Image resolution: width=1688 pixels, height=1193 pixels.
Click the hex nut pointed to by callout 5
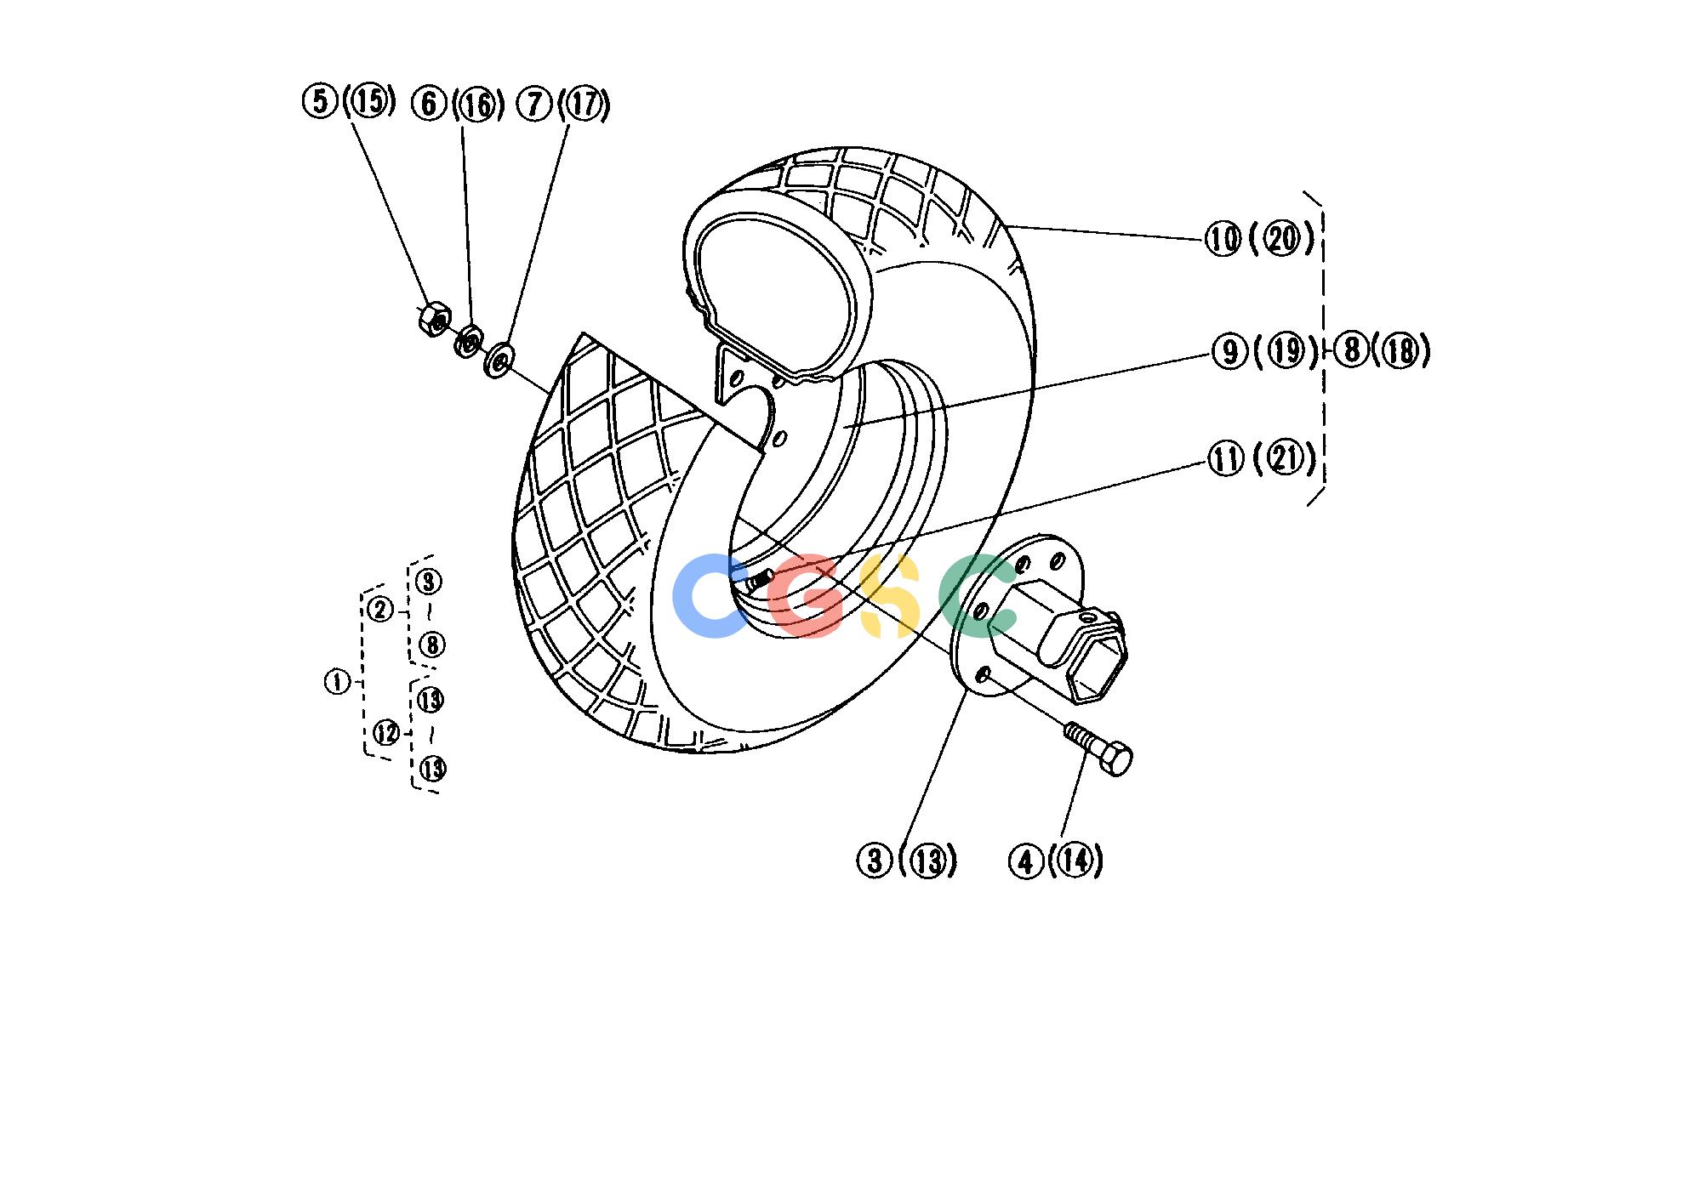pos(433,319)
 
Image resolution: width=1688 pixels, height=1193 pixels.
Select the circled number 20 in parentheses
pos(1282,240)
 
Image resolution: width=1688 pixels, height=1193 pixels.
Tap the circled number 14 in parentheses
pos(1076,861)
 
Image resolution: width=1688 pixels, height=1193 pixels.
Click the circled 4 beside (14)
pos(1025,862)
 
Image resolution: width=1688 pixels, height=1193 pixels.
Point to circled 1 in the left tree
pos(338,682)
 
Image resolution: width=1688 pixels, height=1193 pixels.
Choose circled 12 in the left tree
pos(386,732)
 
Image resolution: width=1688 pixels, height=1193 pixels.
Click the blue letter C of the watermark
pos(708,596)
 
